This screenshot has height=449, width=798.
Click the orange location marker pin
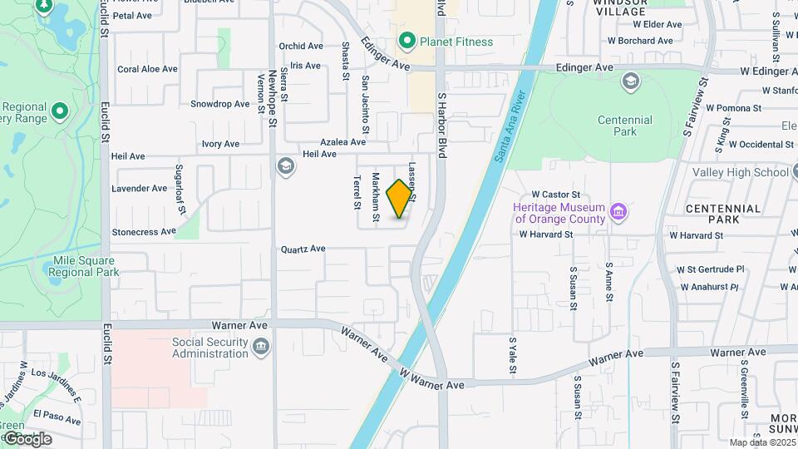point(400,198)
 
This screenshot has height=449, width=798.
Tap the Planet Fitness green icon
point(406,41)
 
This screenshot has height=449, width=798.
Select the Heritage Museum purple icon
point(618,213)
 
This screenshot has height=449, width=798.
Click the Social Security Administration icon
point(261,346)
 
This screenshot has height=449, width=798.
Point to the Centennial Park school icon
point(630,81)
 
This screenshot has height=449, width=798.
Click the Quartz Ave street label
point(303,249)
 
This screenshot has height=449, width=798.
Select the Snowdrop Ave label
point(219,104)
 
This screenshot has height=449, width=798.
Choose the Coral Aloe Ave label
point(147,69)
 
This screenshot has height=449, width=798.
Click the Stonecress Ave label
point(144,232)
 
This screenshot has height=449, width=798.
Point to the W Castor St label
point(555,194)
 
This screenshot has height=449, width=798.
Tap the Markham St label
point(376,197)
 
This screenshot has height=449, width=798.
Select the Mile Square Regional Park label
point(86,266)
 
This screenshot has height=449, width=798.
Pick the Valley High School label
point(740,172)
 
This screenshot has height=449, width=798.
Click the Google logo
point(27,438)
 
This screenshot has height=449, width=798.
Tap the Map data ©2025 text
point(761,442)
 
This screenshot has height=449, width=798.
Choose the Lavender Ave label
point(140,189)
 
